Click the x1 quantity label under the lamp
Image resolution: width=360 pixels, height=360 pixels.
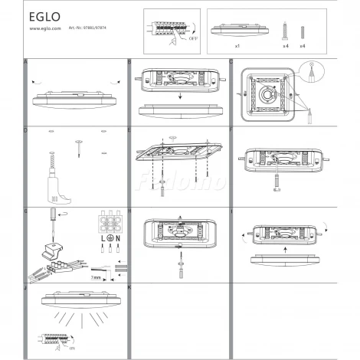237,47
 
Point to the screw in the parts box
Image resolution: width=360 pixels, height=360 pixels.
285,31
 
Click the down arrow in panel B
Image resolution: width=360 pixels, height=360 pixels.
182,97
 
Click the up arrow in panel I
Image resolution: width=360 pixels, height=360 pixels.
285,250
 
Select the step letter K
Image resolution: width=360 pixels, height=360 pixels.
129,286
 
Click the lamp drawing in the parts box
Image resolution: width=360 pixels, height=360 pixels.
237,31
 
